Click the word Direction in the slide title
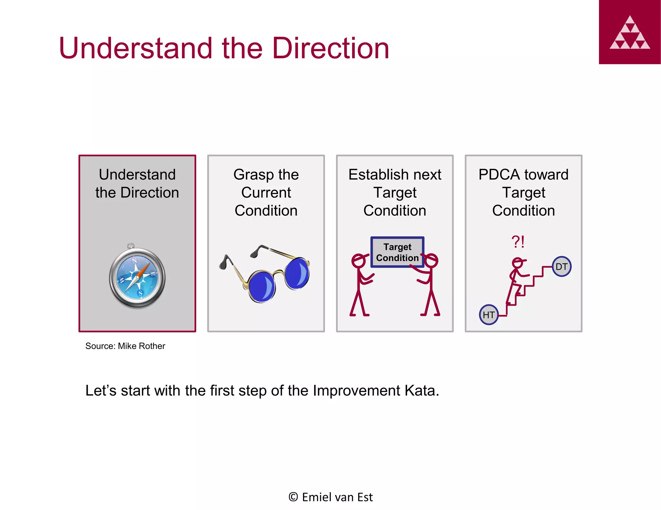point(330,48)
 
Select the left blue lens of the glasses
point(262,286)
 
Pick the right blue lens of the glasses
point(297,273)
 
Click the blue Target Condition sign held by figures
point(397,252)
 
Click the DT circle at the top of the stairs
point(561,267)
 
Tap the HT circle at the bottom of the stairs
point(489,315)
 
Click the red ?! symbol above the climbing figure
point(518,242)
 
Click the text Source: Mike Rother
point(125,346)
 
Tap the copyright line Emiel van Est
point(330,497)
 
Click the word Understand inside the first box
point(137,175)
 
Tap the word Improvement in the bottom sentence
point(356,391)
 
